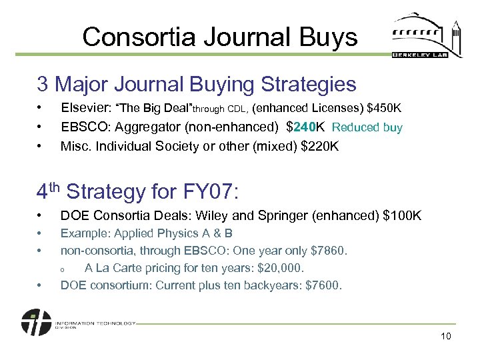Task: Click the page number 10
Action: (x=445, y=336)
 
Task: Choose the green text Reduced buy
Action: (x=367, y=127)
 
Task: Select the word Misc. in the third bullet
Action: (x=73, y=146)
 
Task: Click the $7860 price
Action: (x=329, y=251)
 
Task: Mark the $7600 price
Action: (x=323, y=285)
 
